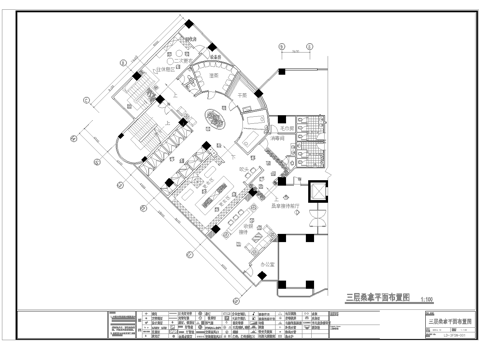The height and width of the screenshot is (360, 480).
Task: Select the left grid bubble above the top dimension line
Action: point(285,46)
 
